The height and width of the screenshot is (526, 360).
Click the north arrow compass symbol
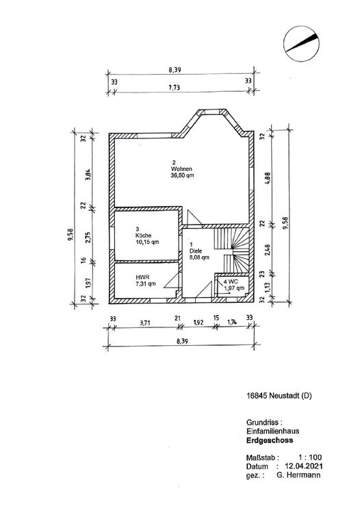(301, 44)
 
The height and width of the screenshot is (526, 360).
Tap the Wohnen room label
(181, 168)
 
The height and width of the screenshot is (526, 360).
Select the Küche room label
(144, 236)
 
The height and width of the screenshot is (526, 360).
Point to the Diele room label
(196, 251)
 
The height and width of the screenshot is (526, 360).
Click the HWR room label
(142, 277)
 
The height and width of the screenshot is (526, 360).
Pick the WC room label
(231, 281)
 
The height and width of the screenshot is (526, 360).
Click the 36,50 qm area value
(182, 175)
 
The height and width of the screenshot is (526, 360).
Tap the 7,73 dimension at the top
(174, 88)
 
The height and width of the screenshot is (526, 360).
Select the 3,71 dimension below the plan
(144, 323)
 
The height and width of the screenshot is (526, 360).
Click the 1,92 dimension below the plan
(198, 323)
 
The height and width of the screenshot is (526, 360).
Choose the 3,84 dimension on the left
(88, 175)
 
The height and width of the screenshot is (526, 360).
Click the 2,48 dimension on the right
(267, 251)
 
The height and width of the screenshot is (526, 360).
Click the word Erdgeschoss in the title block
(270, 440)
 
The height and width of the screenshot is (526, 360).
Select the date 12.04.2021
(304, 466)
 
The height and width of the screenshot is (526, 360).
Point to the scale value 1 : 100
(310, 458)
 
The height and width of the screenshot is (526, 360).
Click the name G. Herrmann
(298, 475)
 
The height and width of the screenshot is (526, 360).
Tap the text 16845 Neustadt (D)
(279, 395)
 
